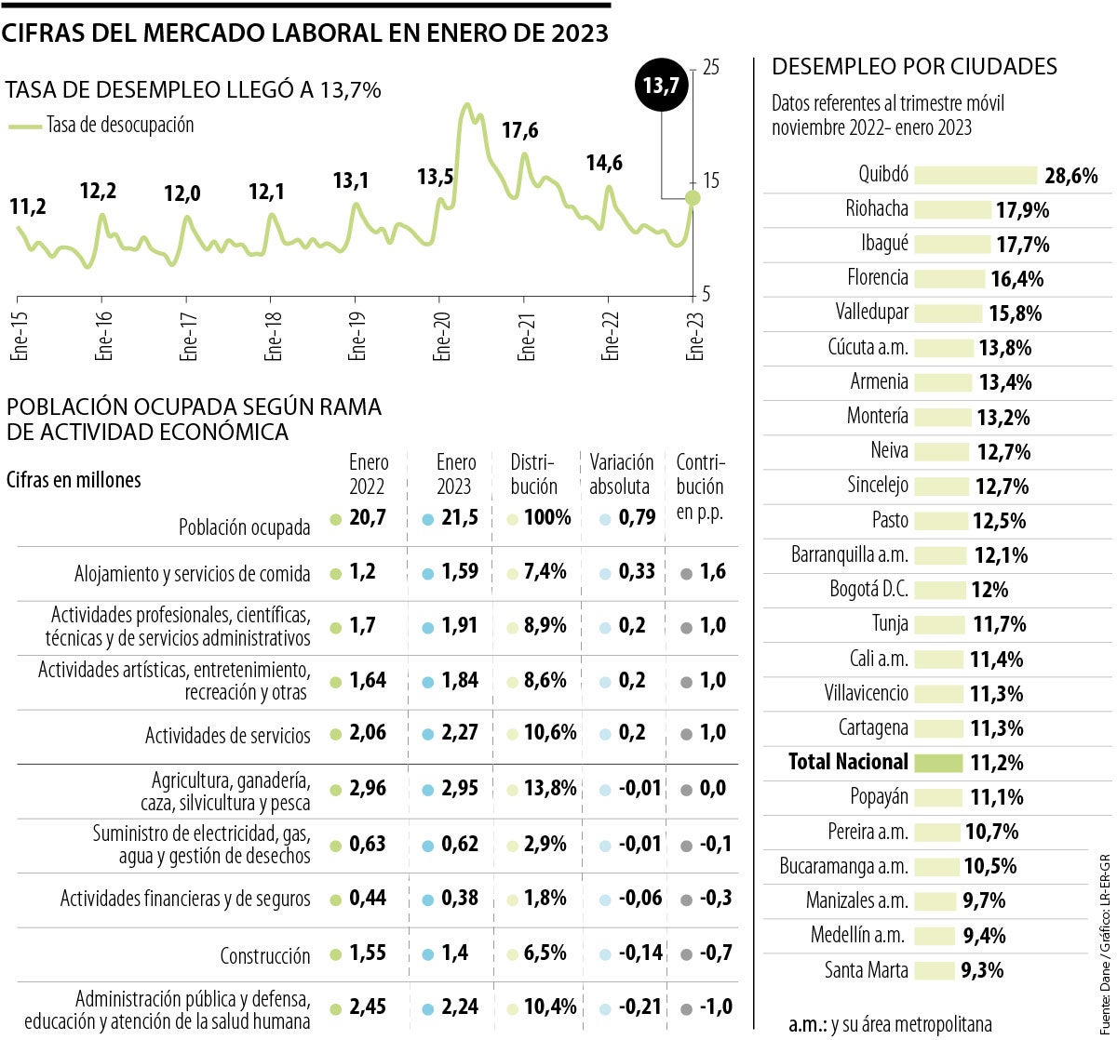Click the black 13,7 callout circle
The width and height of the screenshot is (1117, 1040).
[661, 86]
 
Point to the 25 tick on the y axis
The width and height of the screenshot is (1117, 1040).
[712, 68]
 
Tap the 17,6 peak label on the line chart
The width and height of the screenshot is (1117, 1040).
[519, 130]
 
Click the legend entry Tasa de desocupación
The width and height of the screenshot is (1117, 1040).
[120, 125]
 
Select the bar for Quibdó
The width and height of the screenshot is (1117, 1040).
[976, 175]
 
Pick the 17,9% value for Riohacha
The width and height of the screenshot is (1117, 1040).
[1023, 210]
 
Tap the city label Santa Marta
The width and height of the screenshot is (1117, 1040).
[867, 970]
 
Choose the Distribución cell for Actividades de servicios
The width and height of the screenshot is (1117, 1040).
[549, 733]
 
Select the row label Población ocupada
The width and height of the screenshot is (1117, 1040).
[245, 527]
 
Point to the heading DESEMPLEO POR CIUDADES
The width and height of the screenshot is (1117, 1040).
[915, 67]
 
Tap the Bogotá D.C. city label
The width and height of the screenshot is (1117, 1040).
[868, 589]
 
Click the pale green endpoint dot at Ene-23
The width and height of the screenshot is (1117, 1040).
[692, 197]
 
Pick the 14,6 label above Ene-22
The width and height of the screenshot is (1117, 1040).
[604, 164]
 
